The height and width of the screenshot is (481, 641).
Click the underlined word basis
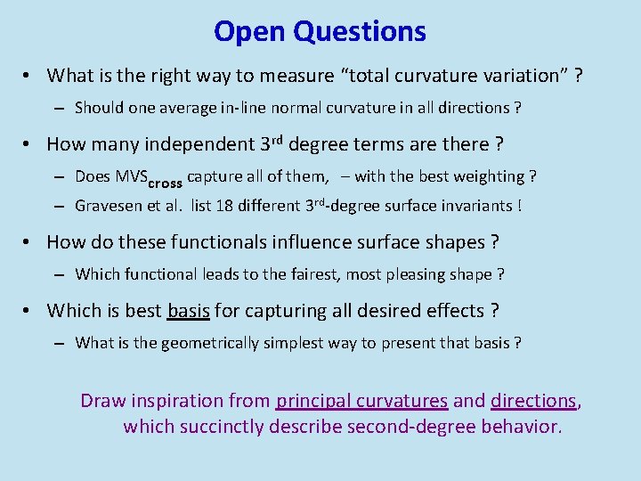189,310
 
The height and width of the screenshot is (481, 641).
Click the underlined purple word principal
312,401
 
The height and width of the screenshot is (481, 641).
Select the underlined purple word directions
534,401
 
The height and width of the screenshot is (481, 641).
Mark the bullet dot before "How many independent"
29,143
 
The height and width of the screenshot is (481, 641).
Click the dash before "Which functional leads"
58,274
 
